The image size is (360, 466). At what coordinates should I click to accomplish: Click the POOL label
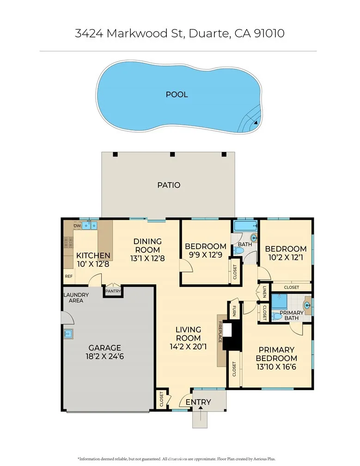[177, 94]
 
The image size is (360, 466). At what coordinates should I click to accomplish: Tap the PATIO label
[168, 185]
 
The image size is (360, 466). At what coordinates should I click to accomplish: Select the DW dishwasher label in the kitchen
[77, 226]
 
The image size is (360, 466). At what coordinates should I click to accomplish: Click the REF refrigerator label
[68, 276]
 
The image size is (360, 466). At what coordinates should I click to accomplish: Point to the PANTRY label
[113, 291]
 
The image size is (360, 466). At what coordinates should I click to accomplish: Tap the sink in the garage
[67, 333]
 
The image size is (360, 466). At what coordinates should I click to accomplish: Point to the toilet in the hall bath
[238, 251]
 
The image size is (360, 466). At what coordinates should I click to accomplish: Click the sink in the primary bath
[307, 305]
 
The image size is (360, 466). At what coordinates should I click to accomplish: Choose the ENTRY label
[198, 402]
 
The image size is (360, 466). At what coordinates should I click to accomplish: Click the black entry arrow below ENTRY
[200, 409]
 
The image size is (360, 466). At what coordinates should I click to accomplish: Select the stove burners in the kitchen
[67, 243]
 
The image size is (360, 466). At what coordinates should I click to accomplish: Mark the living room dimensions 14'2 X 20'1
[188, 348]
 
